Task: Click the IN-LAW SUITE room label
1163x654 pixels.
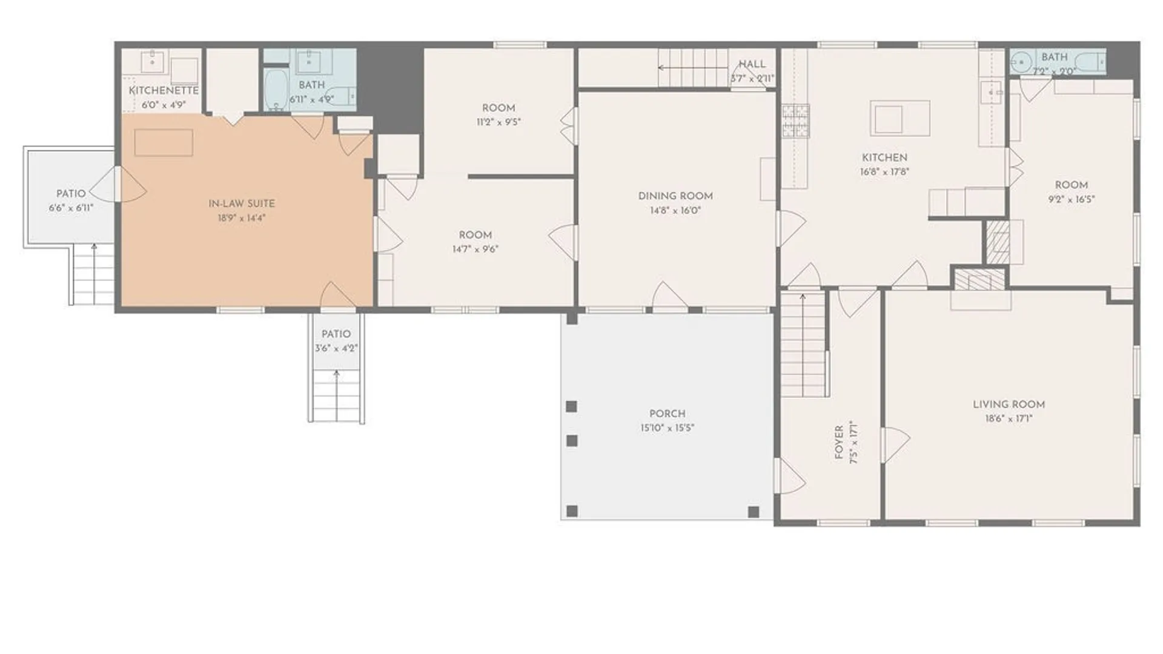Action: [241, 203]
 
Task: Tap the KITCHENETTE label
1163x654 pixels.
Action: [164, 90]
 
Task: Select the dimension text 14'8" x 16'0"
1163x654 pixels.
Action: [675, 211]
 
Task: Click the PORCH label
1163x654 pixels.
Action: [667, 414]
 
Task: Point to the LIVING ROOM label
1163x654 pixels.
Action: [1009, 404]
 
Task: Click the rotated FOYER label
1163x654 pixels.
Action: [839, 442]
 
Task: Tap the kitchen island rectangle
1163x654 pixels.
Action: [900, 118]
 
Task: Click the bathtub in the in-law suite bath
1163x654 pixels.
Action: [277, 91]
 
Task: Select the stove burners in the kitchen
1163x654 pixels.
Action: [795, 121]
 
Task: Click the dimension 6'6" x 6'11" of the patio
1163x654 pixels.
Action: [71, 208]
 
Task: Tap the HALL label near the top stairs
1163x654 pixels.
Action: [752, 64]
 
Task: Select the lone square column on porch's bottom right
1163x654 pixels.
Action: [754, 512]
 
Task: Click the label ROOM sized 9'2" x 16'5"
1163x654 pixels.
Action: [1071, 185]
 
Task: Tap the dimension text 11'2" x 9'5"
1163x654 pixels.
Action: [498, 122]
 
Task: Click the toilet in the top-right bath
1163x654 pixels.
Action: [1095, 62]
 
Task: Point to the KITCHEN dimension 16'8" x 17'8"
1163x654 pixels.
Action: [884, 171]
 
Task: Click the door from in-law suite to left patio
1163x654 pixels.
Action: [124, 185]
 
